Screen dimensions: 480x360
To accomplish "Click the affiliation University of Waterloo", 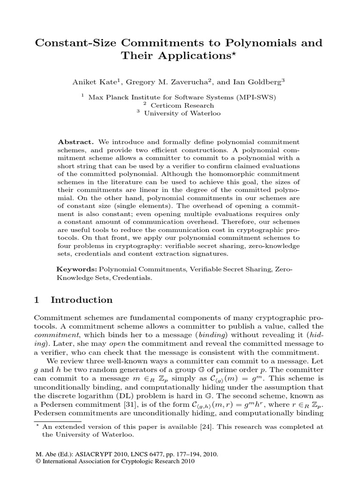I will (x=182, y=113).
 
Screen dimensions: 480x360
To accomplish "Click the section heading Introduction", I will (x=82, y=300).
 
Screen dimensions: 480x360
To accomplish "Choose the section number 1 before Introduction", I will (x=38, y=300).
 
